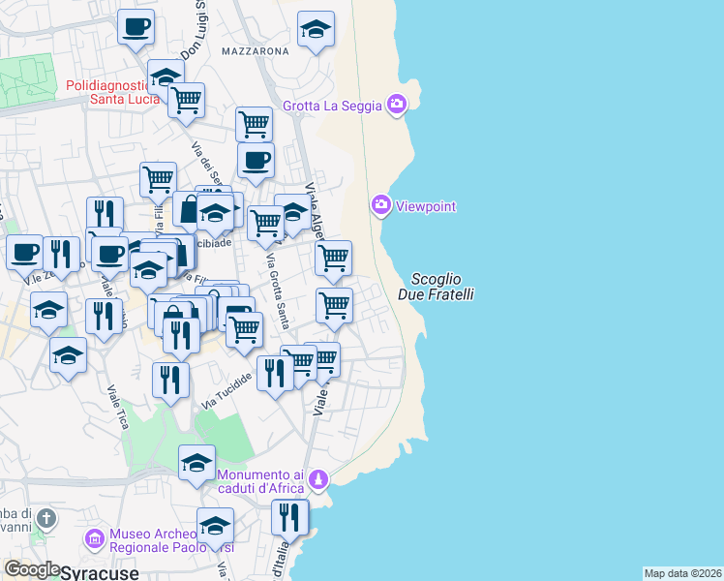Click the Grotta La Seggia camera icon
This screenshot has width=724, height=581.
click(x=396, y=104)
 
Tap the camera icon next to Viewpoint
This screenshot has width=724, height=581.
click(x=380, y=205)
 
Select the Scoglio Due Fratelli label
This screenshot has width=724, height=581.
click(x=436, y=286)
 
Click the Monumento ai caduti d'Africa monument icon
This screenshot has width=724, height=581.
click(x=318, y=479)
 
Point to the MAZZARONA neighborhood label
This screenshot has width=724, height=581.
click(x=255, y=50)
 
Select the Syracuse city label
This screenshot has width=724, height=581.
click(x=100, y=572)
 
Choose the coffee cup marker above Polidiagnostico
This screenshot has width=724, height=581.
click(x=136, y=26)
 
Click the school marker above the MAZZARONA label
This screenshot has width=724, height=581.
click(x=316, y=31)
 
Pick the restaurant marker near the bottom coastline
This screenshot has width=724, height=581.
click(x=288, y=518)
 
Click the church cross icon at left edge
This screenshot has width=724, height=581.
click(x=45, y=519)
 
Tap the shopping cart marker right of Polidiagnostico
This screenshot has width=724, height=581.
click(x=186, y=99)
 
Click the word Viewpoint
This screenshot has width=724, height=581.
click(x=426, y=206)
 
